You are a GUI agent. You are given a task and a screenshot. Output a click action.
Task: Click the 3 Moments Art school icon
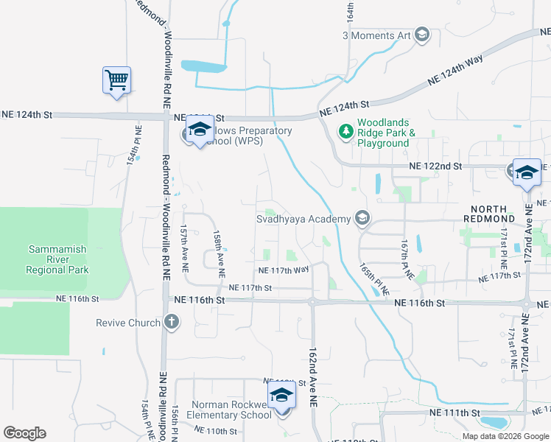tap(421, 35)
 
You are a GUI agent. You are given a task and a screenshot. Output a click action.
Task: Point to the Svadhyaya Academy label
tap(303, 219)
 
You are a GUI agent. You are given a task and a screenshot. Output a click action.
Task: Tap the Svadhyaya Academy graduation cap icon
tap(362, 218)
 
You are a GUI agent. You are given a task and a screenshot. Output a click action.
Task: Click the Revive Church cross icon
tap(171, 322)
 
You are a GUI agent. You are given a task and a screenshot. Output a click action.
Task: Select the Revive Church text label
tap(128, 323)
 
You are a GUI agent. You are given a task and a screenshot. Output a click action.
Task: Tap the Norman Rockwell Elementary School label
tap(231, 410)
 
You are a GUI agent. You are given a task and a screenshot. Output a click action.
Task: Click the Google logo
tap(24, 433)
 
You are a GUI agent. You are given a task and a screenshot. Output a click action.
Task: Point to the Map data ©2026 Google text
tap(505, 436)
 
